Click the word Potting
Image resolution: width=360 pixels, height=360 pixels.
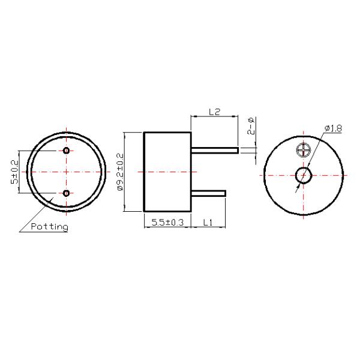coord(49,227)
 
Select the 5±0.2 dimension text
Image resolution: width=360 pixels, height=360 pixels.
coord(14,172)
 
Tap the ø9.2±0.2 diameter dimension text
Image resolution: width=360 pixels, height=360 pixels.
coord(120,172)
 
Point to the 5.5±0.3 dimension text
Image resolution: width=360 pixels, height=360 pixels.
coord(167,222)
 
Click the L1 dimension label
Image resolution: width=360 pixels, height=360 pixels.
coord(208,222)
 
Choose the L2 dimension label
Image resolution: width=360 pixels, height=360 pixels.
coord(214,112)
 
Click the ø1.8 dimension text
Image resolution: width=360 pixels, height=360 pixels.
coord(333,128)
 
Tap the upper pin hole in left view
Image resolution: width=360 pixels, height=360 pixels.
coord(66,150)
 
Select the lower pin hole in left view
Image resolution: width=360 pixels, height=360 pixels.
coord(66,193)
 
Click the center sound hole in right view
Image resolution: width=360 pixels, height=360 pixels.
coord(303,175)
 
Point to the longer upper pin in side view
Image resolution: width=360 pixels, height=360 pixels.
coord(215,149)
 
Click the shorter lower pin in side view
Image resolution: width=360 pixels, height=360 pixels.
coord(208,193)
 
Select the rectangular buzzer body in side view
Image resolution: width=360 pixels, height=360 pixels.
coord(167,172)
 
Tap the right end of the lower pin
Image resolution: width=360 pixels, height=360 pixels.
coord(225,193)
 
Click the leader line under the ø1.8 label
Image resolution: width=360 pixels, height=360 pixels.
coord(334,134)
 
